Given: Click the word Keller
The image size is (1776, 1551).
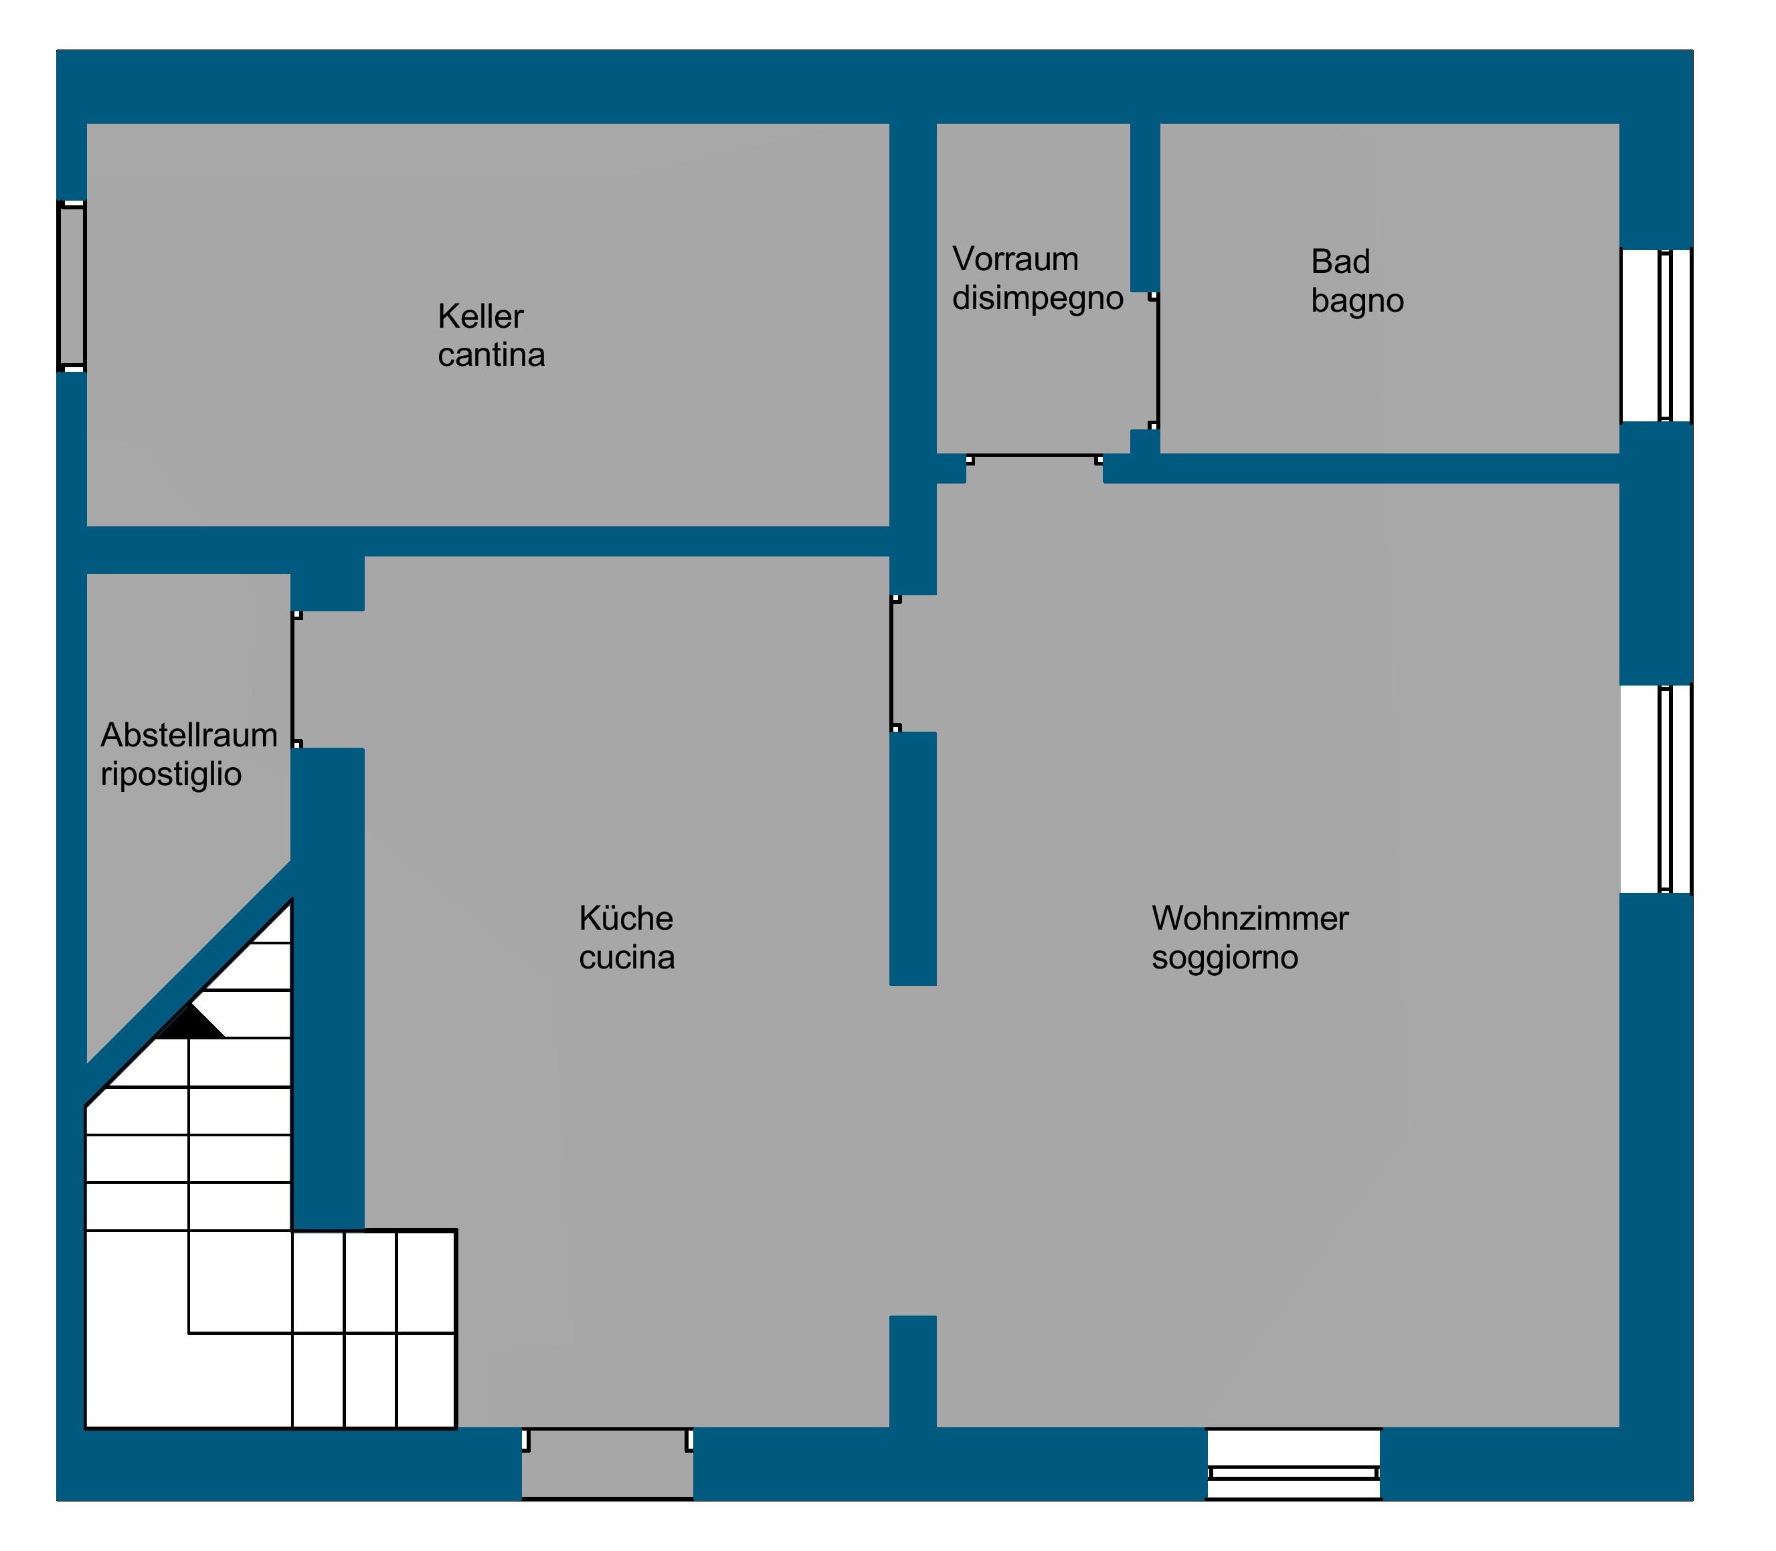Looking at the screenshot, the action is point(480,317).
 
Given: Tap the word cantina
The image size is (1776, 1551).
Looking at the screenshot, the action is point(491,356).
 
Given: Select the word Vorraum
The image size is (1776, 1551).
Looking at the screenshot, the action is point(1015,260).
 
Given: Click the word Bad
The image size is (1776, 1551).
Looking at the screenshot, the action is point(1340,262).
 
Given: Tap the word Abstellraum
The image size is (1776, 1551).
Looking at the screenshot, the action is point(189,735).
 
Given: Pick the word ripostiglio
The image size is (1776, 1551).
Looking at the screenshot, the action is point(171,774).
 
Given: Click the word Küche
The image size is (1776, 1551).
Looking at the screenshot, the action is point(625,918).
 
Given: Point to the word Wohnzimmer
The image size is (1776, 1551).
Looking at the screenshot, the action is point(1249,918).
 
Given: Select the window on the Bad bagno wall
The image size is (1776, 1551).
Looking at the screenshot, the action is point(1656,336).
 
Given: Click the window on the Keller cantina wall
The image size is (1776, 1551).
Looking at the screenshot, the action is point(72,286).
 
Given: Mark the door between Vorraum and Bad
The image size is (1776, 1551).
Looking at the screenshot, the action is point(1155,361).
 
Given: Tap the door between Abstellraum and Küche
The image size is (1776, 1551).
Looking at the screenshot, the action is point(295,680).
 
